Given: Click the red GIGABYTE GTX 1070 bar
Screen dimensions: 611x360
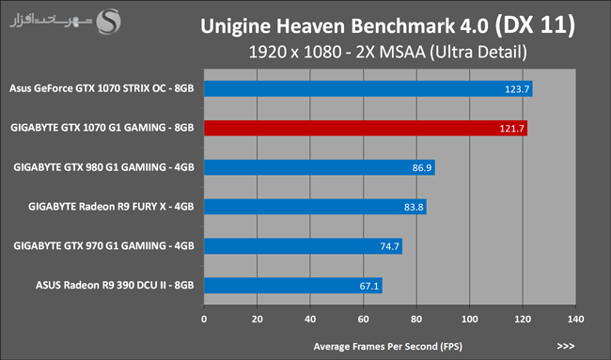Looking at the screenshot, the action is pyautogui.click(x=366, y=128).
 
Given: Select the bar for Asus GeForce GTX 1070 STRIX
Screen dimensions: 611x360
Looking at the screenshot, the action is pyautogui.click(x=368, y=89).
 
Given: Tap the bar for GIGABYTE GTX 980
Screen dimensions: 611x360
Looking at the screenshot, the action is pyautogui.click(x=320, y=167).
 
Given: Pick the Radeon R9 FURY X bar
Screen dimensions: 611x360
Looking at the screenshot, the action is pyautogui.click(x=315, y=207).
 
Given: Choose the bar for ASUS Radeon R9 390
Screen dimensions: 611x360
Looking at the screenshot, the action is pyautogui.click(x=293, y=286).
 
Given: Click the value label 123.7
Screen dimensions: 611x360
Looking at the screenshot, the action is pyautogui.click(x=517, y=89).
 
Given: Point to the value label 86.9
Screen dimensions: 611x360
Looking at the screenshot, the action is pyautogui.click(x=422, y=168).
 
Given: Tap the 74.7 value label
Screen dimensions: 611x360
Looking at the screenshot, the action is pyautogui.click(x=390, y=246).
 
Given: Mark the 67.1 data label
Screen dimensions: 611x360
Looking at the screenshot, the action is pyautogui.click(x=369, y=286).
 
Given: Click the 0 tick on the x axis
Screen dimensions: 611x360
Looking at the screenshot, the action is pyautogui.click(x=204, y=319).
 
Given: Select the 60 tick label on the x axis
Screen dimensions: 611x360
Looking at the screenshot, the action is pyautogui.click(x=363, y=319).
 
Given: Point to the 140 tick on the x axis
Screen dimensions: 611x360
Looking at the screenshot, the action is pyautogui.click(x=575, y=319).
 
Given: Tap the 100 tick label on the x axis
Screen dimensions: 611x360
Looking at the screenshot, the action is pyautogui.click(x=470, y=319).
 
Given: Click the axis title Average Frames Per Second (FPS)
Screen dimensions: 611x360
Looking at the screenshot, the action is pyautogui.click(x=387, y=346).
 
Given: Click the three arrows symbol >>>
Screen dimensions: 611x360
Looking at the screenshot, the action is pyautogui.click(x=565, y=346).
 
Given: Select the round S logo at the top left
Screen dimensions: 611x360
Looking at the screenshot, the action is pyautogui.click(x=108, y=22).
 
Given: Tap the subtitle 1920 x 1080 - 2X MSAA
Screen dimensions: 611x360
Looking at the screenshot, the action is pyautogui.click(x=337, y=52).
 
